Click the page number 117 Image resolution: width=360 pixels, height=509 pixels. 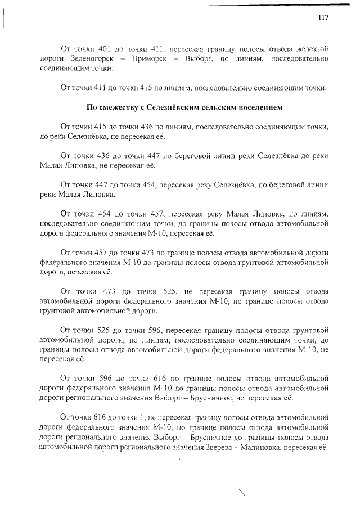pyautogui.click(x=322, y=17)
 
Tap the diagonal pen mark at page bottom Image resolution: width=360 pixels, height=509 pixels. pyautogui.click(x=243, y=493)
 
